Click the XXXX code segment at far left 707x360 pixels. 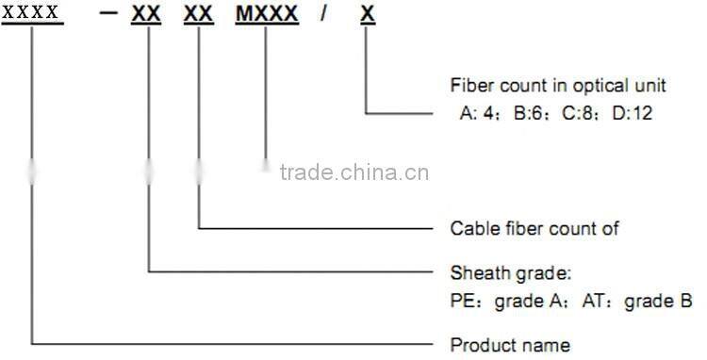(x=32, y=13)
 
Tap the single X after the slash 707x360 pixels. (x=365, y=13)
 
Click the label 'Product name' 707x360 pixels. (x=510, y=344)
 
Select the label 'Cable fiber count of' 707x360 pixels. (x=534, y=228)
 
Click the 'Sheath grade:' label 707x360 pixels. (x=511, y=274)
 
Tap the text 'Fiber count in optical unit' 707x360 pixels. (x=558, y=86)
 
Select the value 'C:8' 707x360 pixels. (x=579, y=112)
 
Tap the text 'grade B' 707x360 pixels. (x=665, y=302)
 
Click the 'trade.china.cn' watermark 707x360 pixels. (x=354, y=172)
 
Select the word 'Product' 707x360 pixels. (x=479, y=344)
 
